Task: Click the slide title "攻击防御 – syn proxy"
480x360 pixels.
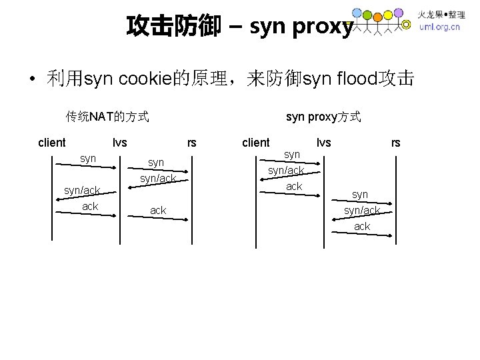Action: click(x=239, y=26)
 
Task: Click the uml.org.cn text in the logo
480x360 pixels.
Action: click(x=439, y=27)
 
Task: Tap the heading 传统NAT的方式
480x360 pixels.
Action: click(x=107, y=117)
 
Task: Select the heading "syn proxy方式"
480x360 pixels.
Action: click(x=323, y=117)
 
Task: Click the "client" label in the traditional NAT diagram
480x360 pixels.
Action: click(x=52, y=142)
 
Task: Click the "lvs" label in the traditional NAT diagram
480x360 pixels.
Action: click(x=120, y=142)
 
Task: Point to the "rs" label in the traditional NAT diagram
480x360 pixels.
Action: click(x=192, y=142)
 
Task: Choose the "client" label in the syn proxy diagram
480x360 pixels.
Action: click(x=256, y=142)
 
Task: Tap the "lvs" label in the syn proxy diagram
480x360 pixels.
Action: click(x=323, y=142)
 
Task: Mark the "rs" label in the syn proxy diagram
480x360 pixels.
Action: click(x=396, y=142)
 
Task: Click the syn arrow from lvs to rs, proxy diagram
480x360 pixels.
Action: click(x=360, y=203)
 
